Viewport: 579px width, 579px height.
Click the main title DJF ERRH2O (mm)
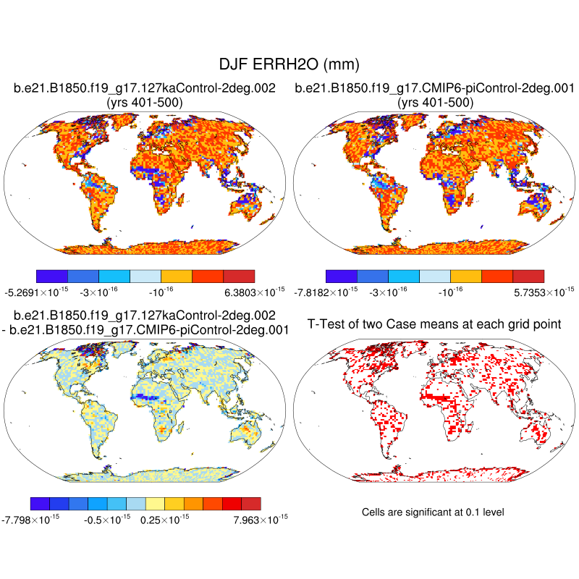tap(289, 64)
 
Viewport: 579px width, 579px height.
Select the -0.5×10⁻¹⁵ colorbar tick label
tap(106, 518)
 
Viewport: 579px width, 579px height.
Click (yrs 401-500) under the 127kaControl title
tap(144, 103)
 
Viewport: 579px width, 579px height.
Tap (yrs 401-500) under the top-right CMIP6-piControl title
tap(436, 103)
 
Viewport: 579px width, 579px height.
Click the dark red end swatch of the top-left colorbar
tap(239, 276)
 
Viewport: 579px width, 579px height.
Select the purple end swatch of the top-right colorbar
tap(342, 276)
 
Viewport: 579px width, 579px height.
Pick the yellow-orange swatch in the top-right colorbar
tap(465, 276)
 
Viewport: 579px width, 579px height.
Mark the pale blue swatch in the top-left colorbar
tap(145, 276)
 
